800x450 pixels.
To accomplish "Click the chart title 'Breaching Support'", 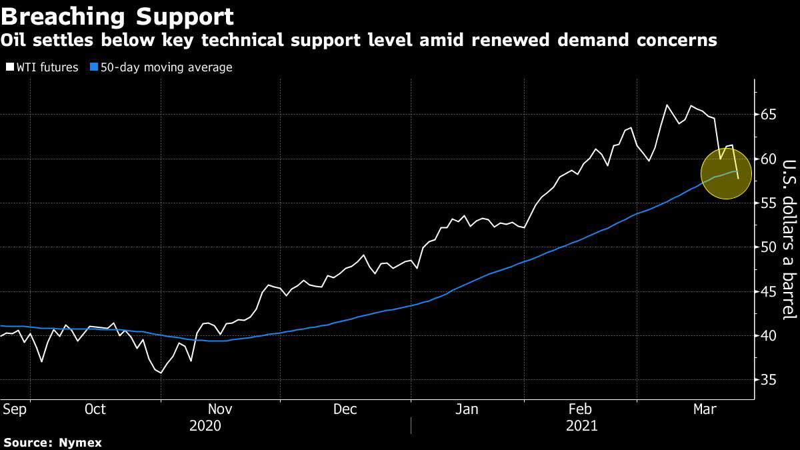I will click(x=117, y=15).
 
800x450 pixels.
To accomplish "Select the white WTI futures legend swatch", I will click(x=9, y=67).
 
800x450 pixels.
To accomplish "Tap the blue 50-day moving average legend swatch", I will click(x=94, y=67).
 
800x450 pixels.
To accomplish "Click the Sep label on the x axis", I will click(x=14, y=409).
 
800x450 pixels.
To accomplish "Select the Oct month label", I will click(x=95, y=409).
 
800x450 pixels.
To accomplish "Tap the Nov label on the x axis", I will click(x=221, y=409).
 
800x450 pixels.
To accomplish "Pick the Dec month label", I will click(x=345, y=409).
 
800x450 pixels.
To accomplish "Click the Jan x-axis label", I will click(x=467, y=409).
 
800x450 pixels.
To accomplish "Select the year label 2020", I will click(x=206, y=425).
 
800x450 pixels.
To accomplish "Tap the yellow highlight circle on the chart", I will click(x=726, y=174).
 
